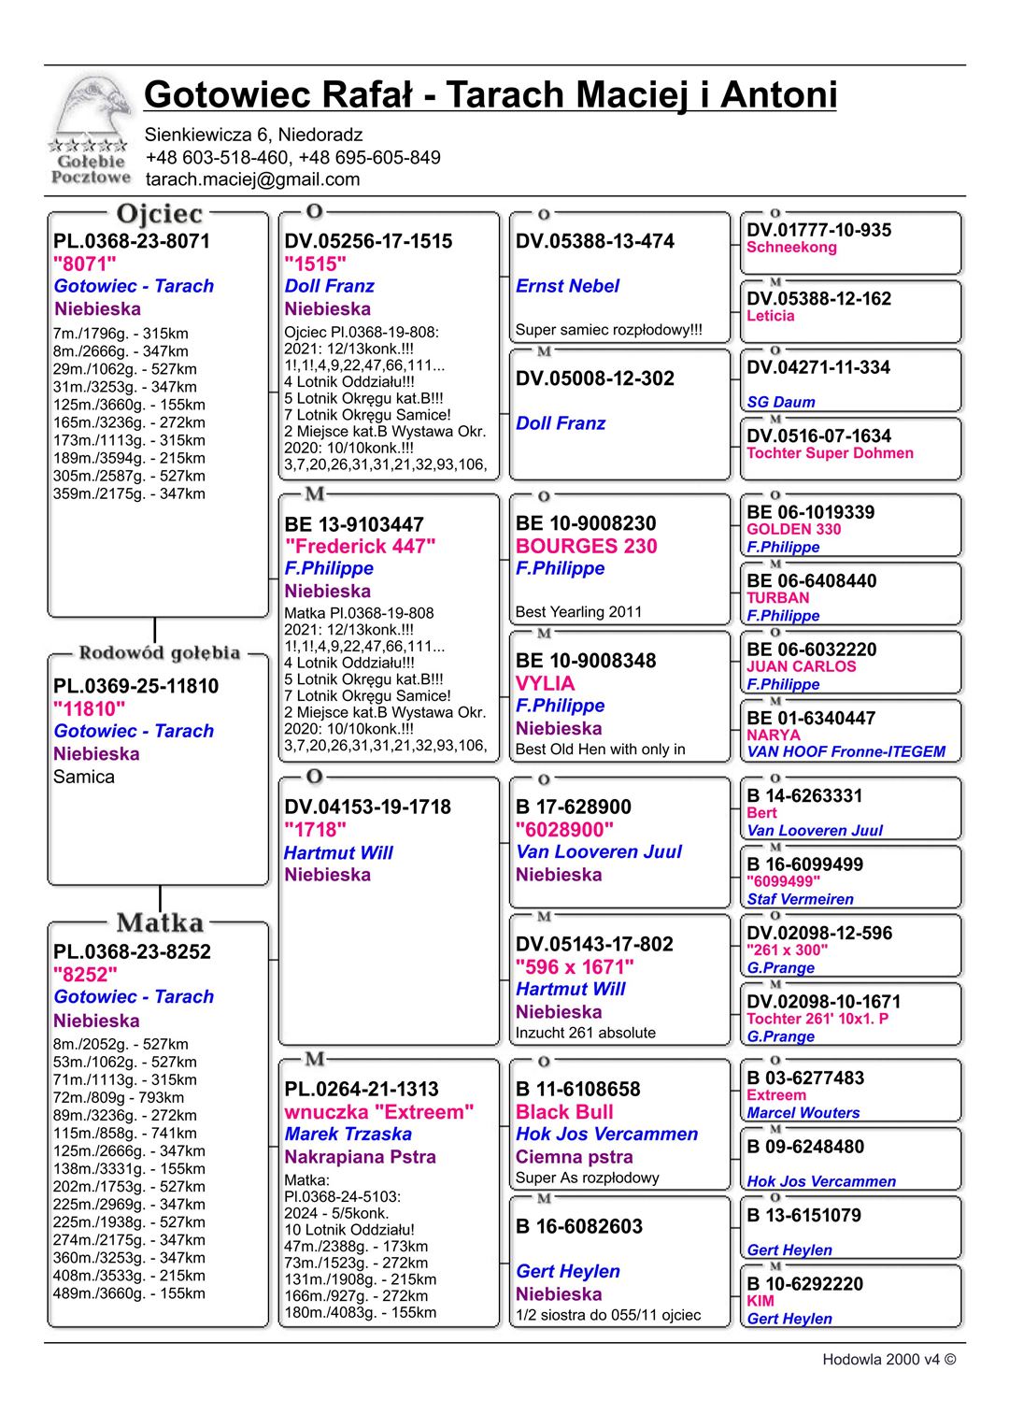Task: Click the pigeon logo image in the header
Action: (x=91, y=131)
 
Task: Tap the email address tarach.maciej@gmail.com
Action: (x=252, y=179)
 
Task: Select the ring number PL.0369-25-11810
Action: (x=135, y=686)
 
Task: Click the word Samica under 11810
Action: (x=84, y=777)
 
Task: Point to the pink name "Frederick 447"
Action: (x=360, y=546)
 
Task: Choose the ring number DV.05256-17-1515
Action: (x=368, y=241)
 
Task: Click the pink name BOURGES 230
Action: (x=586, y=546)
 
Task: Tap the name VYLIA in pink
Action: (x=545, y=683)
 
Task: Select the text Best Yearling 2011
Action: (x=578, y=612)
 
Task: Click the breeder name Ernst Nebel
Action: (x=567, y=286)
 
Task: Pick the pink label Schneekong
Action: (x=791, y=248)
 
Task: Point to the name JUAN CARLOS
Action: (x=801, y=666)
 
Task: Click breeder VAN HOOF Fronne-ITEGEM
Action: (x=846, y=751)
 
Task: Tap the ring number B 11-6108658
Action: (x=577, y=1089)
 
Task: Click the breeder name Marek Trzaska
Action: (x=348, y=1134)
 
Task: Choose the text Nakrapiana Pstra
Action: (x=360, y=1157)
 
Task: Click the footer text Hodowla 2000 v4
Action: (x=888, y=1360)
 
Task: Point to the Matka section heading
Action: (x=160, y=923)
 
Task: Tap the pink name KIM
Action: (x=760, y=1301)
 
